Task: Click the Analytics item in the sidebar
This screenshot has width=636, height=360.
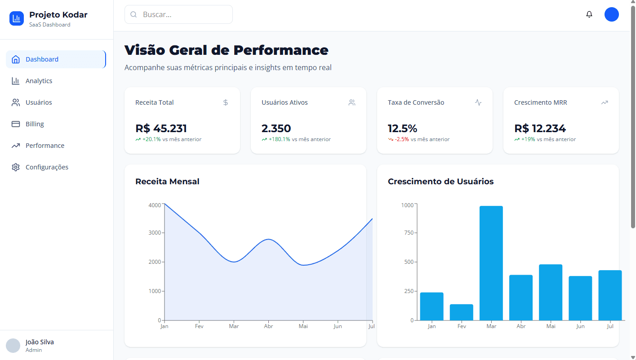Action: [39, 81]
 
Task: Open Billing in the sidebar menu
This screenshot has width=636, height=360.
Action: [35, 124]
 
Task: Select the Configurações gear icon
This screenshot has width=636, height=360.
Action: [16, 167]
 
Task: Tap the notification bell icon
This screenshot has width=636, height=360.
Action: [589, 14]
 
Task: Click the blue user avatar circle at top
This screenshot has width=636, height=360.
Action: [611, 14]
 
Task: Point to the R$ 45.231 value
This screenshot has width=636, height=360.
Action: [161, 129]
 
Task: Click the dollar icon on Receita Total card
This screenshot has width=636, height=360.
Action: [226, 102]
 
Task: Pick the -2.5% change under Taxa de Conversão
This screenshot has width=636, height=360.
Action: [402, 139]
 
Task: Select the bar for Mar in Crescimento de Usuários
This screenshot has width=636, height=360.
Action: [491, 263]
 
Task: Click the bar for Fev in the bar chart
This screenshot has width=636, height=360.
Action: [462, 312]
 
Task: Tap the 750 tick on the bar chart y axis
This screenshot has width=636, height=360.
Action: [407, 233]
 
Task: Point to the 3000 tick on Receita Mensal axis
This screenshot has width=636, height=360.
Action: [155, 233]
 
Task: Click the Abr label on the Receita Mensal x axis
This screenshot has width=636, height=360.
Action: [268, 326]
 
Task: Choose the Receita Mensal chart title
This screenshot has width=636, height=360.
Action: [167, 182]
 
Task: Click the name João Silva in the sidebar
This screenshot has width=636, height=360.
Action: [40, 342]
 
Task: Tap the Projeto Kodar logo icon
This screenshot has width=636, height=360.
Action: [17, 18]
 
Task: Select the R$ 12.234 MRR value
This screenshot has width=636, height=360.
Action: [540, 129]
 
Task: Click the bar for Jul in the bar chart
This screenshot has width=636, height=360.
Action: [610, 295]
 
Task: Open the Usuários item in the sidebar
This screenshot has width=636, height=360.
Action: [39, 102]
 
